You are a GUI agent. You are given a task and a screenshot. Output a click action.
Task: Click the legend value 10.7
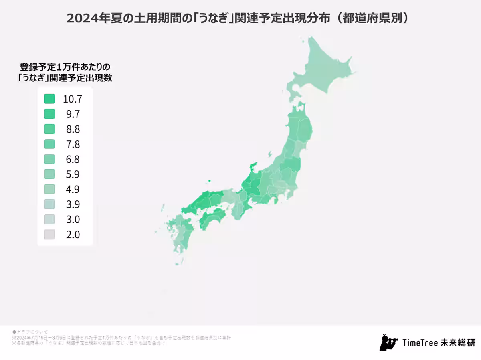[72, 99]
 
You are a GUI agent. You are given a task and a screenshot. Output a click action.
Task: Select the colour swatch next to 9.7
[49, 114]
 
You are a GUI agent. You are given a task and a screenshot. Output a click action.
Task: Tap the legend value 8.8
[73, 129]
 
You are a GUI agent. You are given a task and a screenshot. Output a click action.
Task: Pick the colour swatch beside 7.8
[49, 144]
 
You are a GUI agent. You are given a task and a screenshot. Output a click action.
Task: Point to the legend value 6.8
[73, 159]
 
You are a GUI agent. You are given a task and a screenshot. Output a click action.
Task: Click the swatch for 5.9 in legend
[49, 174]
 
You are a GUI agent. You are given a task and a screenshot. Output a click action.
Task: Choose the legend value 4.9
[73, 189]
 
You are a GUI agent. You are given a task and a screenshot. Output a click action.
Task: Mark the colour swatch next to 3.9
[49, 204]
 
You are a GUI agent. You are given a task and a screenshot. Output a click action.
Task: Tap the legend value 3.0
[73, 219]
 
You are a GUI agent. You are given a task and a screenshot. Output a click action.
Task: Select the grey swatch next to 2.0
[49, 234]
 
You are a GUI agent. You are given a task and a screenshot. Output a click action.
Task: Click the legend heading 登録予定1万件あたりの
[65, 66]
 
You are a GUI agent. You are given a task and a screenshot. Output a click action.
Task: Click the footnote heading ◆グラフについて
[30, 332]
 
